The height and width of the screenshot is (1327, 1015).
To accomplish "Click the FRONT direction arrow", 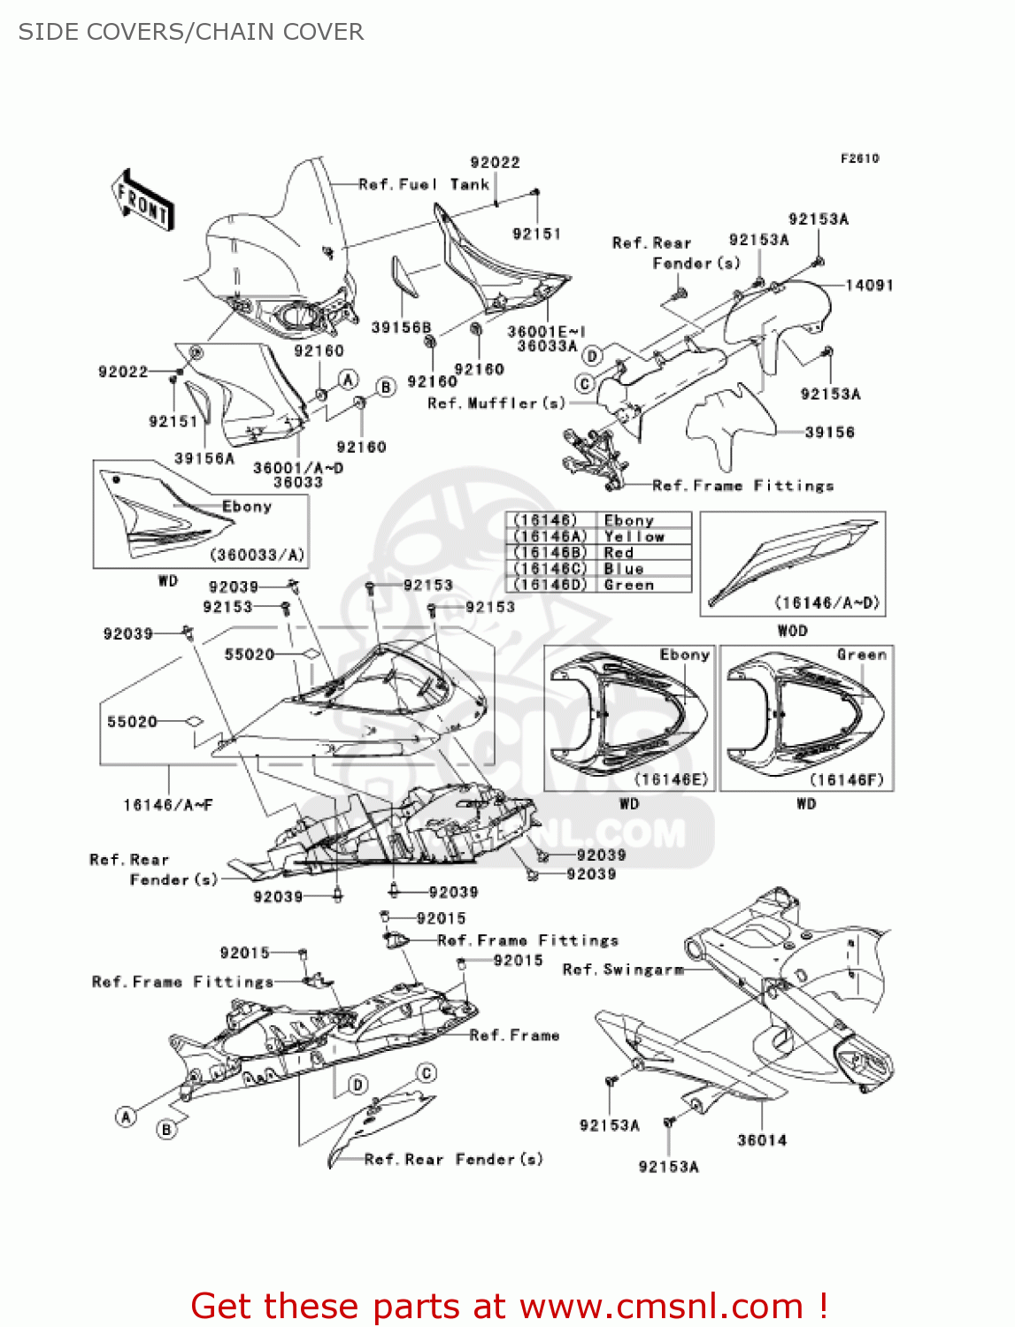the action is [142, 199].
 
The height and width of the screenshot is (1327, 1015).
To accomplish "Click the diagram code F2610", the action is [859, 158].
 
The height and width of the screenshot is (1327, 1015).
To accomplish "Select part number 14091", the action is [869, 285].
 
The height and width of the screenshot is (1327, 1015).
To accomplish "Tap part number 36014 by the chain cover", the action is [762, 1140].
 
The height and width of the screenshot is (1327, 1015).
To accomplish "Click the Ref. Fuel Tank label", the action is [424, 184].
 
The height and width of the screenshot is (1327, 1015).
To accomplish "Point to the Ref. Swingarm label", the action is [623, 970].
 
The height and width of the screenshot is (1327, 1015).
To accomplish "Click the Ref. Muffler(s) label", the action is [496, 403].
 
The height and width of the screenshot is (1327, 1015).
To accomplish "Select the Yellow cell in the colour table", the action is [634, 536].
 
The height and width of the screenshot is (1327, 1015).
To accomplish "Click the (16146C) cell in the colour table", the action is [550, 569].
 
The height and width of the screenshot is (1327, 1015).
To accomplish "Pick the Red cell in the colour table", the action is [619, 553].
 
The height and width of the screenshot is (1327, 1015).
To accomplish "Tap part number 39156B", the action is [401, 327].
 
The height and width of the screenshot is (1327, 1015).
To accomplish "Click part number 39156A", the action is [204, 458].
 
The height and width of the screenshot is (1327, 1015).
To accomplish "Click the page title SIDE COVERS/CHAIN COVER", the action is [191, 32].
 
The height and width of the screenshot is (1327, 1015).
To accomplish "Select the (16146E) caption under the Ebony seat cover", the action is [671, 779].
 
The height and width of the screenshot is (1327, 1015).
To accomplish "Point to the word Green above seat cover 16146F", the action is [861, 654].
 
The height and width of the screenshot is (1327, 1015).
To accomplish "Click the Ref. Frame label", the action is [514, 1035].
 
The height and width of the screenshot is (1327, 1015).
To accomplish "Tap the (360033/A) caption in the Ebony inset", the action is [257, 555].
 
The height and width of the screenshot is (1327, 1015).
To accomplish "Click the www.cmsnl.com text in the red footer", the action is [661, 1305].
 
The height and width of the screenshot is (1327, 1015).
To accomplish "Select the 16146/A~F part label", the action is [168, 805].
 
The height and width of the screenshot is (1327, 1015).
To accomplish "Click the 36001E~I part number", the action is [547, 331].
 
